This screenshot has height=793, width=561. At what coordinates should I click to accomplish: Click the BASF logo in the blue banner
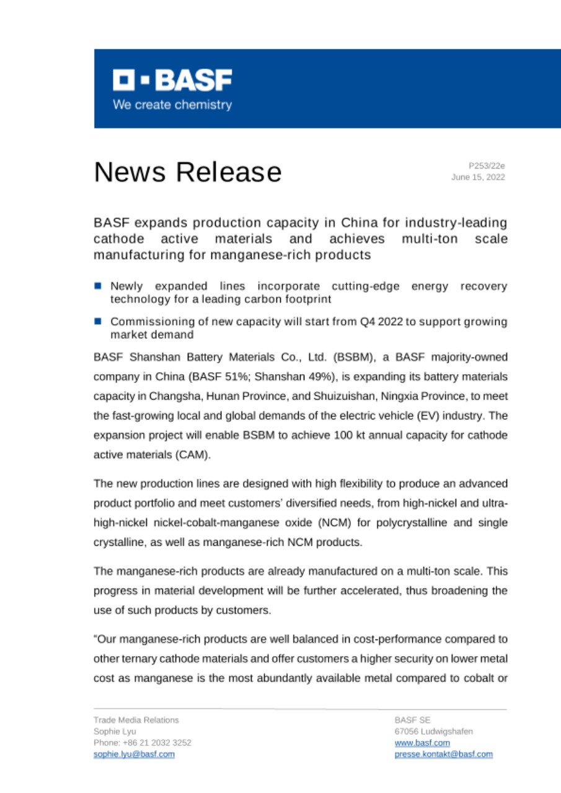coord(172,81)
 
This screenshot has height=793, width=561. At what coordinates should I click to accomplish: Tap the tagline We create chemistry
coord(172,105)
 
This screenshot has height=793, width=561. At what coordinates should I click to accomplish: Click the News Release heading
coord(187,172)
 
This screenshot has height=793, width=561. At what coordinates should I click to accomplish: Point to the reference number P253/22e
coord(487,165)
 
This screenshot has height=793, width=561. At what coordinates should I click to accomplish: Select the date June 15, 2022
coord(478,177)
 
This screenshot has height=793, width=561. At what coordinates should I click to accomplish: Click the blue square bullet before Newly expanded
coord(98,286)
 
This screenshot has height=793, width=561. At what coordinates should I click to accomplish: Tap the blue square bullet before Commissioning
coord(98,322)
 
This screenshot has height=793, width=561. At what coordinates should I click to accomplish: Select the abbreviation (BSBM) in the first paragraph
coord(316,358)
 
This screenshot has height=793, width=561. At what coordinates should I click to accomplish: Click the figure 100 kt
coord(329,435)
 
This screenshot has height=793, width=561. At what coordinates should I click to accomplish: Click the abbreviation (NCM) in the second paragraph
coord(335,523)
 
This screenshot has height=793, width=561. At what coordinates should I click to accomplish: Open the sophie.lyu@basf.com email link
coord(134,754)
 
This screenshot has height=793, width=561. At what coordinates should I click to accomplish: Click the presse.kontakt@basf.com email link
coord(443,754)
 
